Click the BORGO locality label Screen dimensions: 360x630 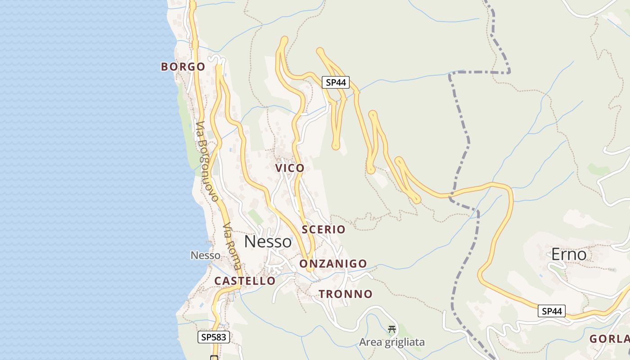click(x=183, y=67)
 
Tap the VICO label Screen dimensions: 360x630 click(x=290, y=168)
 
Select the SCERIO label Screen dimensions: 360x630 click(x=324, y=229)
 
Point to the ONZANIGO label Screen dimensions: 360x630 click(x=333, y=264)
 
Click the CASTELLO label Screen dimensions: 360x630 click(x=245, y=281)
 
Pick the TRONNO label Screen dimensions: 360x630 click(x=346, y=294)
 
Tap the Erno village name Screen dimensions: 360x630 click(x=569, y=255)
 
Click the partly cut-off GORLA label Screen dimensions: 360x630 click(x=609, y=339)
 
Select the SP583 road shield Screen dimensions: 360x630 click(x=214, y=337)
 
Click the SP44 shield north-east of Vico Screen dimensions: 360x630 click(x=336, y=82)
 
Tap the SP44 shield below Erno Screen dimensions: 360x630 click(x=552, y=311)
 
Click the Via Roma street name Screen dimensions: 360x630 click(x=232, y=246)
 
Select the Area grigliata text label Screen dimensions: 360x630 click(x=391, y=342)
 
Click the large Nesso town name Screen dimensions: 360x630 click(x=268, y=242)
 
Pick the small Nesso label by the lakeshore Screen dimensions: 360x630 click(x=206, y=256)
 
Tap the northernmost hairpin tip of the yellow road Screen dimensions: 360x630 click(x=283, y=40)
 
